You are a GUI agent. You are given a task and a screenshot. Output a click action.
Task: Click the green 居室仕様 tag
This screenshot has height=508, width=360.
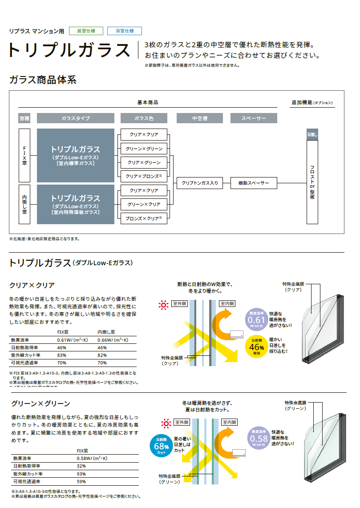pos(86,31)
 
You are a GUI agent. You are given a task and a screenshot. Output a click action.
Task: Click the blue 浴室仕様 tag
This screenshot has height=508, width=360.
pos(125,31)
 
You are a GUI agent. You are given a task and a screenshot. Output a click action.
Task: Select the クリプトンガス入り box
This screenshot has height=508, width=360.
pos(200,183)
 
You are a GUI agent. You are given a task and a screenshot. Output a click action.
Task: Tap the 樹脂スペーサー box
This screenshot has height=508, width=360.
pos(254,183)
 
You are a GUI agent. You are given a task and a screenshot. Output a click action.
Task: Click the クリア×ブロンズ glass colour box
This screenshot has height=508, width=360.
pos(144,176)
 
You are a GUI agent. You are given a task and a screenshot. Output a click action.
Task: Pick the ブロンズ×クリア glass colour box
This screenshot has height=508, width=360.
pos(144,218)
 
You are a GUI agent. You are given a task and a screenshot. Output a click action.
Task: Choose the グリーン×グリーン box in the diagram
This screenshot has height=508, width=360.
pos(144,149)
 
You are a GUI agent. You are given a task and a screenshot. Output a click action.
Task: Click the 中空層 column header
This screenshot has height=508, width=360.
pos(200,118)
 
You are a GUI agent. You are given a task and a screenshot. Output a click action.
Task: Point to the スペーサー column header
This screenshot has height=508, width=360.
pos(254,118)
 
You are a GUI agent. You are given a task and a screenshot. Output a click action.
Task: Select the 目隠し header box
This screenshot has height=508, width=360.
pos(312,134)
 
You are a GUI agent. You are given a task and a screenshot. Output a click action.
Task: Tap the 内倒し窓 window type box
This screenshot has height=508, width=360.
pos(24,204)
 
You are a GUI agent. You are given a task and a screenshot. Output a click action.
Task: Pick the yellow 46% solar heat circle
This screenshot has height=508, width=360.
pos(257,346)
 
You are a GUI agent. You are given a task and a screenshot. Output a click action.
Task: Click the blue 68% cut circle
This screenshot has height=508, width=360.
pos(161,444)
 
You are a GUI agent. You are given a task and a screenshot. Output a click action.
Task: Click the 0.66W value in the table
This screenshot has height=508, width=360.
pos(113,340)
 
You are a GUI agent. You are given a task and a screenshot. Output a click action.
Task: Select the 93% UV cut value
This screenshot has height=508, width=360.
pos(81,474)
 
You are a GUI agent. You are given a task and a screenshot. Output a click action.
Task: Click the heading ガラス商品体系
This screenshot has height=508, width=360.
pos(43,81)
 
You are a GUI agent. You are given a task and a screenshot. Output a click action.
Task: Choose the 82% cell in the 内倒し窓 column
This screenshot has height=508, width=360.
pos(102,355)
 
